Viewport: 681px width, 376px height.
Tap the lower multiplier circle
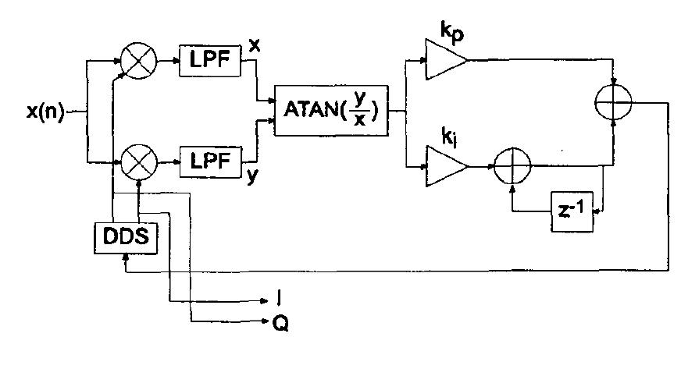[139, 162]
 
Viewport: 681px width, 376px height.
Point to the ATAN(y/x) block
[331, 111]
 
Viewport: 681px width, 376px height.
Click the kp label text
[451, 30]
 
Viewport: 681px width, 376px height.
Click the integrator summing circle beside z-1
[512, 166]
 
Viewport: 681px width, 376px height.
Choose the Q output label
[280, 322]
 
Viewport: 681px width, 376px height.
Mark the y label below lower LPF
[252, 176]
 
